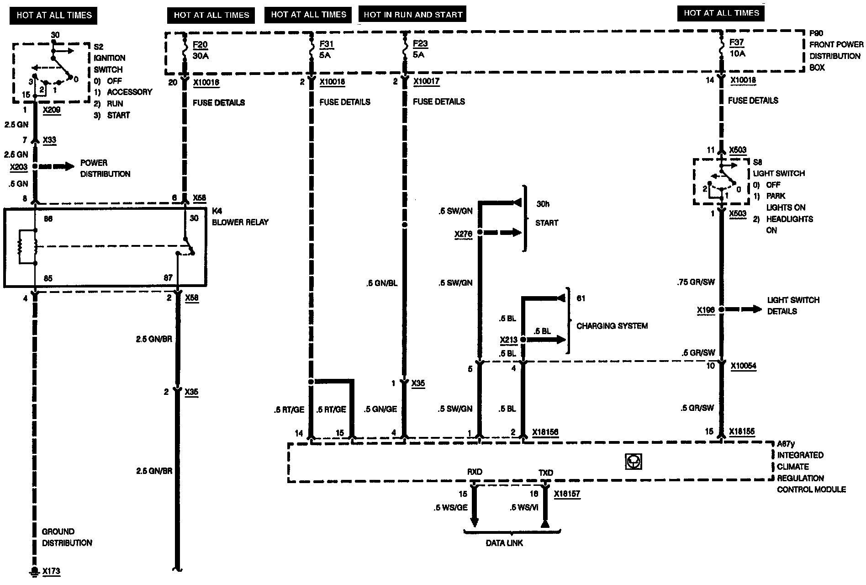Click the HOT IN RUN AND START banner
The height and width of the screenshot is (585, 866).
click(x=412, y=15)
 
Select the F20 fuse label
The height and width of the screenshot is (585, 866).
click(x=200, y=44)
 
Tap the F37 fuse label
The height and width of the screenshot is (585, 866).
click(x=737, y=43)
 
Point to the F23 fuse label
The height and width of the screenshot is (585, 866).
click(x=420, y=44)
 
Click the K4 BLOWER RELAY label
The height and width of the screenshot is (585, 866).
click(x=240, y=217)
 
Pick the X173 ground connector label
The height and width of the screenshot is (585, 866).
click(x=51, y=571)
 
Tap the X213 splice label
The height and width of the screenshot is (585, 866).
click(x=508, y=340)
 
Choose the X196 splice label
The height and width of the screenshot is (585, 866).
click(x=706, y=311)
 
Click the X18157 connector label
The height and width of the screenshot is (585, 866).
click(x=567, y=494)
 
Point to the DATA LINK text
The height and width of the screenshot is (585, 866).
click(x=504, y=543)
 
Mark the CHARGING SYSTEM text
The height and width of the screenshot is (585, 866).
click(x=612, y=326)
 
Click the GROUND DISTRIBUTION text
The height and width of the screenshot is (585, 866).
click(x=67, y=537)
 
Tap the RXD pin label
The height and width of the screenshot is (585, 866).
click(x=475, y=472)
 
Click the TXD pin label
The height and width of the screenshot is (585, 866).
click(x=545, y=473)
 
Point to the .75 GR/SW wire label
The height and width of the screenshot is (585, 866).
click(x=695, y=282)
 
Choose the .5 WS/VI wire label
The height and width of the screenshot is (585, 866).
click(x=524, y=507)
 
